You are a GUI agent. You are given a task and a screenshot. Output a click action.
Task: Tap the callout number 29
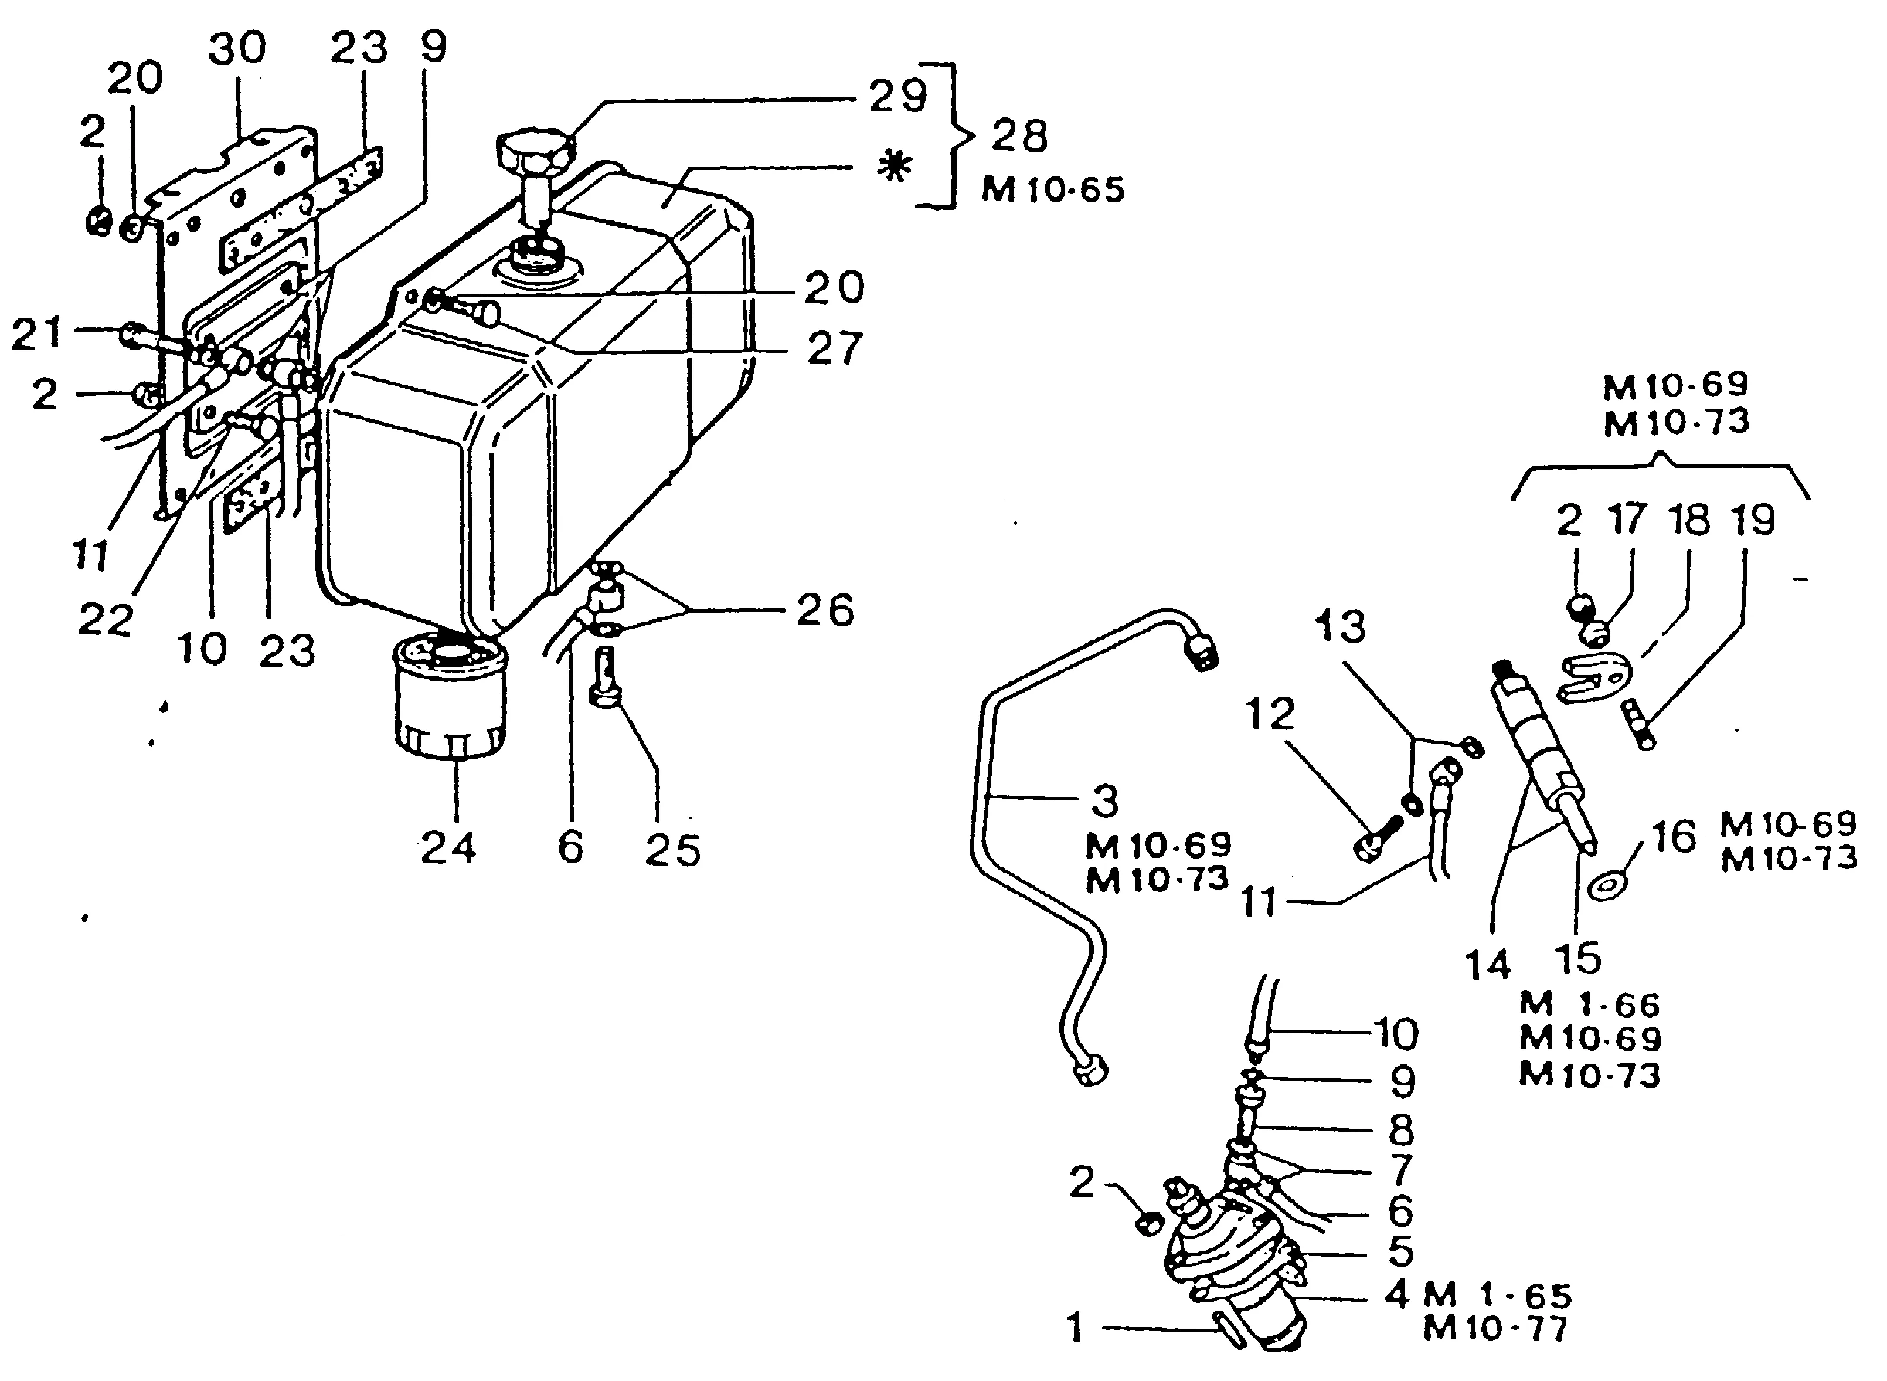pos(897,96)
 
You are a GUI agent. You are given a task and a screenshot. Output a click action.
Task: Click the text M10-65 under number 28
pos(1053,191)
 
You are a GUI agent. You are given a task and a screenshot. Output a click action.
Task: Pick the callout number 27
pos(834,348)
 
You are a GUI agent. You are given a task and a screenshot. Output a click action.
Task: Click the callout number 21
pos(37,334)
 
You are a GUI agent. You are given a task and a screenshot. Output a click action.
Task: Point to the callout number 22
pos(106,619)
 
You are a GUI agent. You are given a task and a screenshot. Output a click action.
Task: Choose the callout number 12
pos(1270,713)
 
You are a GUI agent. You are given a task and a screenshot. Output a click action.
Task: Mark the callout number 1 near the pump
pos(1076,1328)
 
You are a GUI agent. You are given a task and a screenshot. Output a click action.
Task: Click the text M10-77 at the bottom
pos(1496,1328)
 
